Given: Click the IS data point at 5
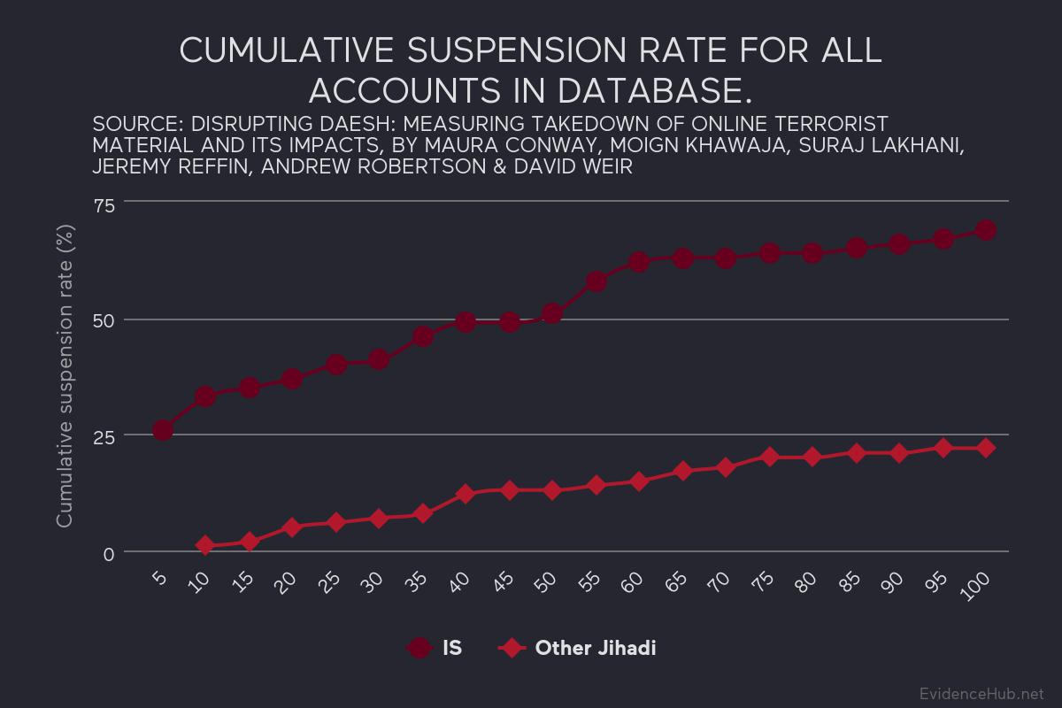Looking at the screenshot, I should click(x=162, y=430).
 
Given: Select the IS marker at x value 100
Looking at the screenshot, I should click(x=986, y=230).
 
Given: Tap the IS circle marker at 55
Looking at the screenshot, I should click(x=596, y=281).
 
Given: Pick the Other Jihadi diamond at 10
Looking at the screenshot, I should click(x=205, y=546).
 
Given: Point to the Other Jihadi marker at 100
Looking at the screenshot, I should click(x=986, y=449).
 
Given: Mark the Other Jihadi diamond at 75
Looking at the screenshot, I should click(x=769, y=457).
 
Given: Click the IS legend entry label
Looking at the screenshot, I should click(x=451, y=649).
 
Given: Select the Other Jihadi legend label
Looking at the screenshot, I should click(x=595, y=649).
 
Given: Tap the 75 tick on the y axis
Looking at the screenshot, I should click(x=104, y=205).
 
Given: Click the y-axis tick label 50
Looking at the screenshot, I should click(x=104, y=321).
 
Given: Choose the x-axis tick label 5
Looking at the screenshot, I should click(x=159, y=581).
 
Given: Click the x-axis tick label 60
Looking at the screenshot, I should click(x=633, y=584).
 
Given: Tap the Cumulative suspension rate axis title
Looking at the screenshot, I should click(x=65, y=376).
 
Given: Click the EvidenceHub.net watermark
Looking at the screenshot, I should click(x=981, y=693).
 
